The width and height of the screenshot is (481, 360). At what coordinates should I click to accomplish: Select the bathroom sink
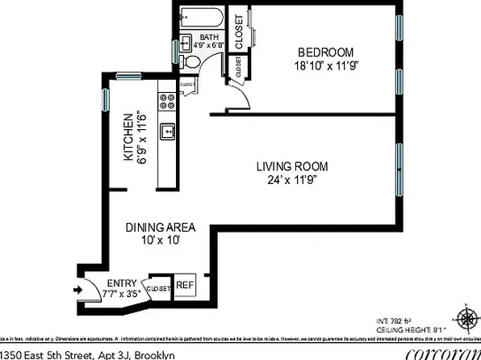185,42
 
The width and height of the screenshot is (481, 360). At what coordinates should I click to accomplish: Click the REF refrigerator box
185,285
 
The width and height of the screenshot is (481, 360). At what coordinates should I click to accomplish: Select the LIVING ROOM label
292,166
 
